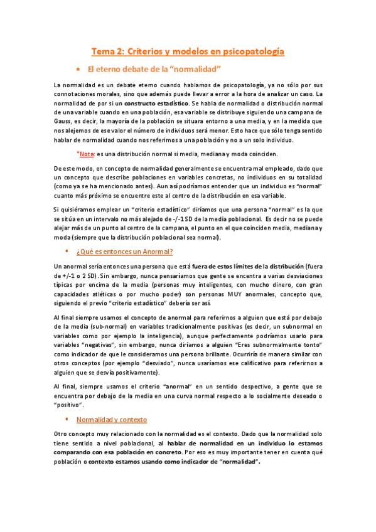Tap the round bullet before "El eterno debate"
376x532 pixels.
[78, 68]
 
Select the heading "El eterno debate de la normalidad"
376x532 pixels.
[156, 68]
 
